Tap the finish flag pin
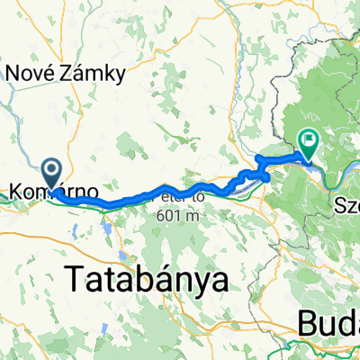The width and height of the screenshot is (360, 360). [x=309, y=140]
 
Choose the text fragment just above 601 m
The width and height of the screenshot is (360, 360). [x=185, y=194]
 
